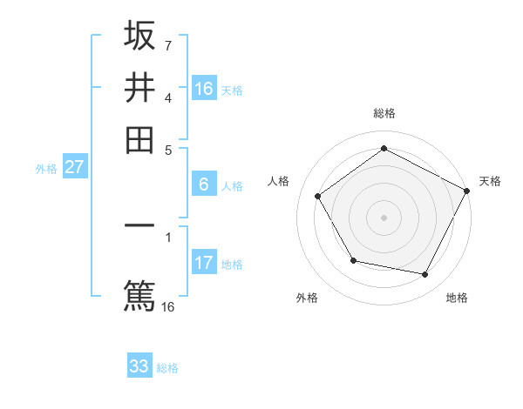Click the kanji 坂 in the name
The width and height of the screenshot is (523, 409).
click(x=139, y=36)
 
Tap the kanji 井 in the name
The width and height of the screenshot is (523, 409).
click(x=139, y=87)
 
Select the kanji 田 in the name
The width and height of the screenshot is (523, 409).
click(x=139, y=138)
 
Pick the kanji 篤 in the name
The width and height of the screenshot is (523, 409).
click(x=139, y=293)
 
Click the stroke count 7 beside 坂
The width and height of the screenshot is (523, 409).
click(x=167, y=44)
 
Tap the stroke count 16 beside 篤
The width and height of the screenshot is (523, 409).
click(x=167, y=306)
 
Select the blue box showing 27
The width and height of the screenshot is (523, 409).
click(x=74, y=168)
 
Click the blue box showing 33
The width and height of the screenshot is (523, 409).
click(x=139, y=366)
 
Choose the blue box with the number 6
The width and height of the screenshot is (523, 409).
click(x=203, y=184)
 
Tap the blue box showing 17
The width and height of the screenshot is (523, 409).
click(x=203, y=263)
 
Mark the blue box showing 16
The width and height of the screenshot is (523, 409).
click(x=203, y=89)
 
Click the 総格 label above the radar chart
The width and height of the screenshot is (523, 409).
click(x=384, y=113)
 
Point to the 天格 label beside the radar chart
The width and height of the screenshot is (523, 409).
click(x=490, y=181)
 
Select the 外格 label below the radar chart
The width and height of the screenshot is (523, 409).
click(x=307, y=298)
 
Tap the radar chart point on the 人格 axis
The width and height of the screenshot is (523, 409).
click(x=318, y=196)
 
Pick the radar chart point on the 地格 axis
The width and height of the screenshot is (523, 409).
click(x=425, y=274)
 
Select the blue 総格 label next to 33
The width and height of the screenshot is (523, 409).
click(x=167, y=368)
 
